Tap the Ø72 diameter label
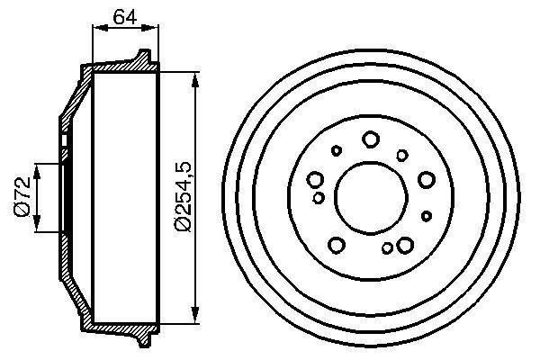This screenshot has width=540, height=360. tap(24, 197)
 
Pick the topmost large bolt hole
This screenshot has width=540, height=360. tap(370, 139)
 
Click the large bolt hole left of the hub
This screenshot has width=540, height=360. tap(315, 178)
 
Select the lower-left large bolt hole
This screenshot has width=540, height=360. tap(337, 244)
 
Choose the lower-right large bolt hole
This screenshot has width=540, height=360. tap(404, 244)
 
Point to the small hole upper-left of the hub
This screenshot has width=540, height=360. tap(337, 150)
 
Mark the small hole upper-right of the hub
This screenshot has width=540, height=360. tap(402, 155)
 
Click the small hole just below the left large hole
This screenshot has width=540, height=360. tap(319, 197)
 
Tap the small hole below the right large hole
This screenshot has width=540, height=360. tap(427, 216)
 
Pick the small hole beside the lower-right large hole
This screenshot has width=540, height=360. tap(387, 247)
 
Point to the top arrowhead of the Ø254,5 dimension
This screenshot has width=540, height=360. tap(195, 77)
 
